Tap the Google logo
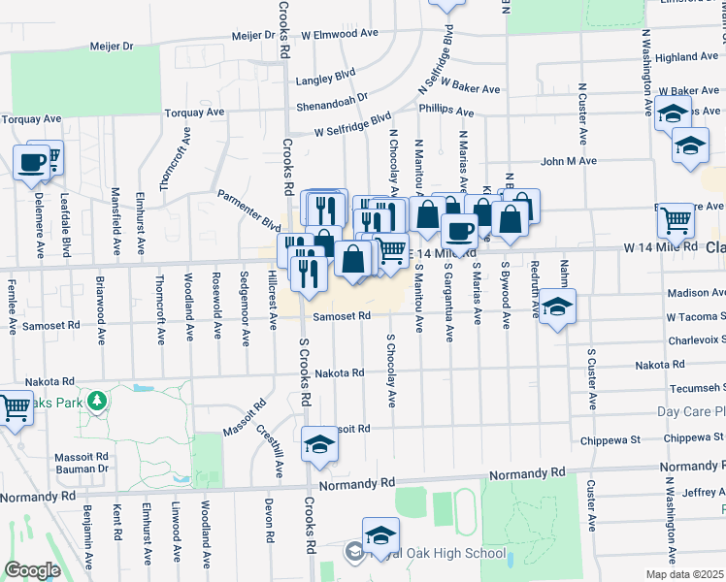pyautogui.click(x=32, y=570)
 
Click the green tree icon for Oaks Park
pyautogui.click(x=96, y=401)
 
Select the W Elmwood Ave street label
pyautogui.click(x=340, y=33)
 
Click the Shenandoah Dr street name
pyautogui.click(x=332, y=97)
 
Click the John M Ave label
pyautogui.click(x=569, y=161)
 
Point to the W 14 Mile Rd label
pyautogui.click(x=661, y=246)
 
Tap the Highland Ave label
pyautogui.click(x=685, y=58)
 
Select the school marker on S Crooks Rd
pyautogui.click(x=318, y=443)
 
